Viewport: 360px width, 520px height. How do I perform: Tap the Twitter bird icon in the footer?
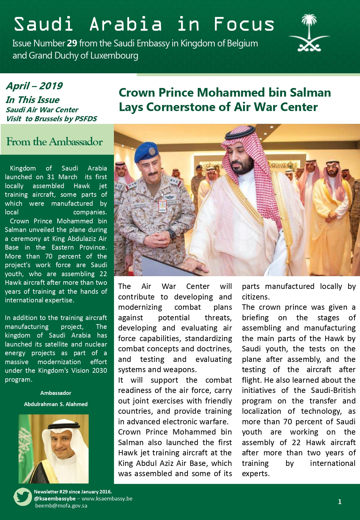pyautogui.click(x=22, y=497)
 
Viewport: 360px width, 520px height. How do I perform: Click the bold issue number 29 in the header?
pyautogui.click(x=72, y=43)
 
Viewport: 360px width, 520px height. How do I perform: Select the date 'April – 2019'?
pyautogui.click(x=34, y=86)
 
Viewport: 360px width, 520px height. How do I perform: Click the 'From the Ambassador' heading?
pyautogui.click(x=55, y=142)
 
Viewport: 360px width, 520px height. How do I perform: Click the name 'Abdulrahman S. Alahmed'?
pyautogui.click(x=56, y=404)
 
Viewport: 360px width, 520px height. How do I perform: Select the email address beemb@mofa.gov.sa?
pyautogui.click(x=61, y=506)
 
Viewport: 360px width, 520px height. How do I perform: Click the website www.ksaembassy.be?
pyautogui.click(x=107, y=499)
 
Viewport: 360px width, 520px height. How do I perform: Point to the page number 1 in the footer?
pyautogui.click(x=340, y=502)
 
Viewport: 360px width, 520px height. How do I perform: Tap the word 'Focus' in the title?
pyautogui.click(x=244, y=24)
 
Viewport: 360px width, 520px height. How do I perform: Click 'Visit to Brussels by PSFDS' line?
pyautogui.click(x=51, y=119)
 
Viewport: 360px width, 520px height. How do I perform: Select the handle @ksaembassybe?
pyautogui.click(x=55, y=499)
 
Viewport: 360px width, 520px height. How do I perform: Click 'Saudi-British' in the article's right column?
pyautogui.click(x=333, y=390)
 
